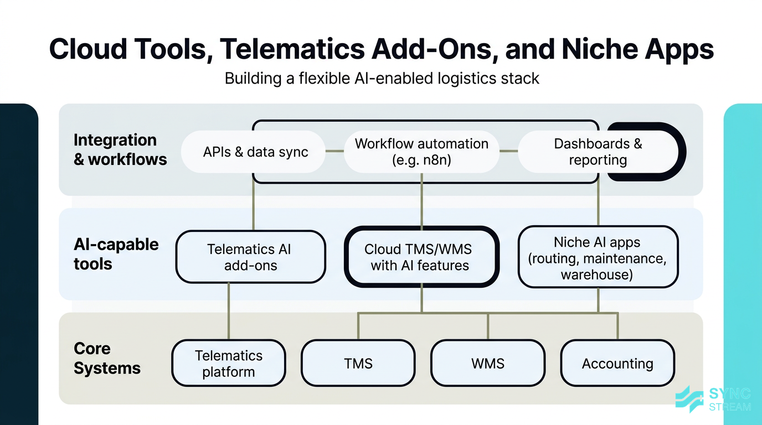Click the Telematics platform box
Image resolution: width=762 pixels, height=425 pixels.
228,363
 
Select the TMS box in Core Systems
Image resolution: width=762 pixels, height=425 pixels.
358,363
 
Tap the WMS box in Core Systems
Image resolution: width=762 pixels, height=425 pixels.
488,363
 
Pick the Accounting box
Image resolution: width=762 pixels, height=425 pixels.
617,363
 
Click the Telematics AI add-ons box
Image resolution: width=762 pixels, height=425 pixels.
250,257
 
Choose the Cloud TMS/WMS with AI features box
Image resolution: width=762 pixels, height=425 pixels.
421,257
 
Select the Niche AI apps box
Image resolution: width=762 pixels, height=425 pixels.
598,257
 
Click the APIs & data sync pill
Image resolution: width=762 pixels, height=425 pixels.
255,152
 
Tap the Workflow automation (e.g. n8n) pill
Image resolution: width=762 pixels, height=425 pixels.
421,152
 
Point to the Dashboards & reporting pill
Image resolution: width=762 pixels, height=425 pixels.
598,152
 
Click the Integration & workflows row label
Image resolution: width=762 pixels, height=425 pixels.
120,149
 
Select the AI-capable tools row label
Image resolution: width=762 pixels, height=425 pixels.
116,254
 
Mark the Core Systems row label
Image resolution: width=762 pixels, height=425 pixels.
107,359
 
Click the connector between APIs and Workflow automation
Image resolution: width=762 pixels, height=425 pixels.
334,151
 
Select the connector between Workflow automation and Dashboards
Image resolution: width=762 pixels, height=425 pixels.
508,151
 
